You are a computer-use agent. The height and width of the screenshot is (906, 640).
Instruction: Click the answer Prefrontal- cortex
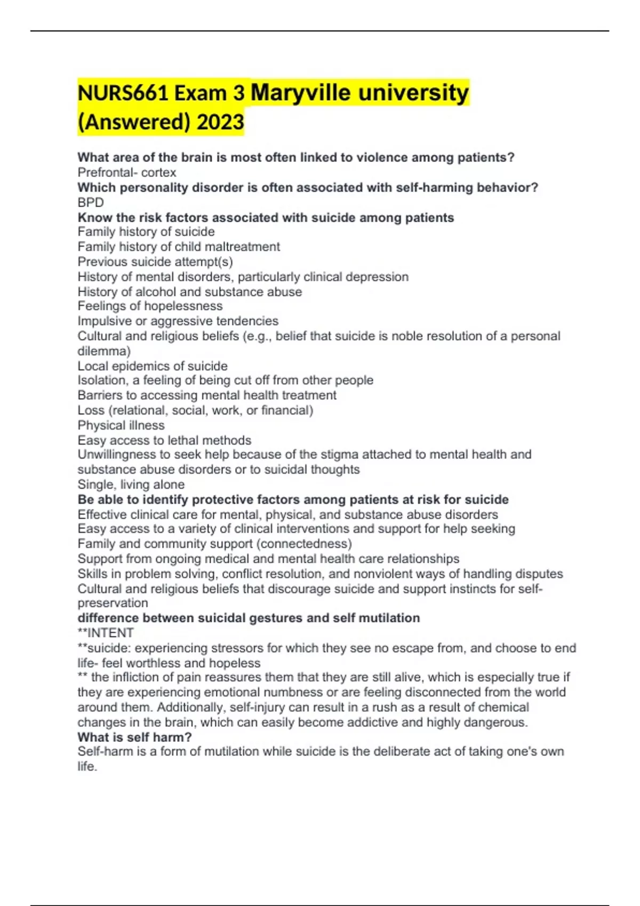127,173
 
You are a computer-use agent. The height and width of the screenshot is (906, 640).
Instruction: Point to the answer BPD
91,203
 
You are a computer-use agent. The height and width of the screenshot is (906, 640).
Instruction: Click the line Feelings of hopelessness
150,306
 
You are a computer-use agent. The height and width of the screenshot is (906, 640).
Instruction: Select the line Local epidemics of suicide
153,366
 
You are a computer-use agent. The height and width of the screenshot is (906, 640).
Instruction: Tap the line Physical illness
121,425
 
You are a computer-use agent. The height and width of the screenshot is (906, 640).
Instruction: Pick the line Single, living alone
131,484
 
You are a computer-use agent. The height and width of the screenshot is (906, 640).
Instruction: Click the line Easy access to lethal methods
164,440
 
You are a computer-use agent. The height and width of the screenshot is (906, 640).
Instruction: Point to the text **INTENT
106,633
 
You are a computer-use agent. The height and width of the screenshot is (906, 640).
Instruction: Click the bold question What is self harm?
134,737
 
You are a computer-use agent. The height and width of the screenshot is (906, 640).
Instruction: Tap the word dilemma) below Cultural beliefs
104,351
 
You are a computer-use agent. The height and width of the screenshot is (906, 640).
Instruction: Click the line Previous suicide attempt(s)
155,262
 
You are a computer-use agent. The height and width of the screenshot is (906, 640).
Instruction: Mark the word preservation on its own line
113,603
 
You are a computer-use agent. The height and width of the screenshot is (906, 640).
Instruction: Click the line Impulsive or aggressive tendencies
178,321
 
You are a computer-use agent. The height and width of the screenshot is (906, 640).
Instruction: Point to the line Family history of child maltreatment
179,247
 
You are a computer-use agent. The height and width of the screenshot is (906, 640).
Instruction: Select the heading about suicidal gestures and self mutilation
249,618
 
